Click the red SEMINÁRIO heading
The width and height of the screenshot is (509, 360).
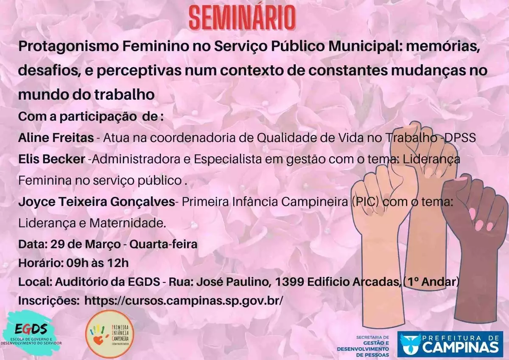click(x=242, y=18)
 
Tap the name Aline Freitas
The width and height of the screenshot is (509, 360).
click(x=56, y=138)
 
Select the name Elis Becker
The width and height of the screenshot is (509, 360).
click(x=52, y=159)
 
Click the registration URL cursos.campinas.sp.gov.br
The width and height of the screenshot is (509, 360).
click(x=184, y=301)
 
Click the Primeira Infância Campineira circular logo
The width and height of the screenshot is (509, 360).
click(x=110, y=333)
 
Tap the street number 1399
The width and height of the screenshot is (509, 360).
click(x=289, y=282)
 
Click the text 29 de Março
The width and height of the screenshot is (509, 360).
click(x=85, y=245)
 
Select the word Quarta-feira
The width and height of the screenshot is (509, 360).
click(x=163, y=245)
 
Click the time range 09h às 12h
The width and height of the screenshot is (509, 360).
click(x=98, y=263)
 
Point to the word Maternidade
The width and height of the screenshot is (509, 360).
click(x=128, y=223)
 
